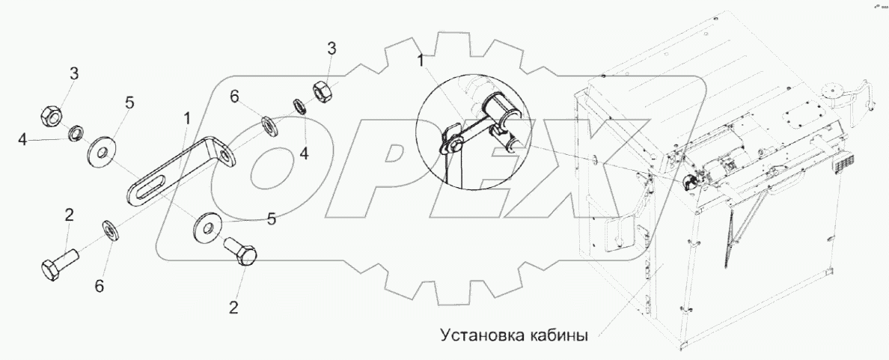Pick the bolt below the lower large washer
[x=241, y=254]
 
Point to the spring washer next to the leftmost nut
[x=76, y=135]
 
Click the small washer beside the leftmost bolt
[x=109, y=231]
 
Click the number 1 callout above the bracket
[x=186, y=118]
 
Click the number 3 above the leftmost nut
[x=74, y=73]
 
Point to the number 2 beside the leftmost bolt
[x=69, y=216]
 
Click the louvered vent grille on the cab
[x=848, y=165]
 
